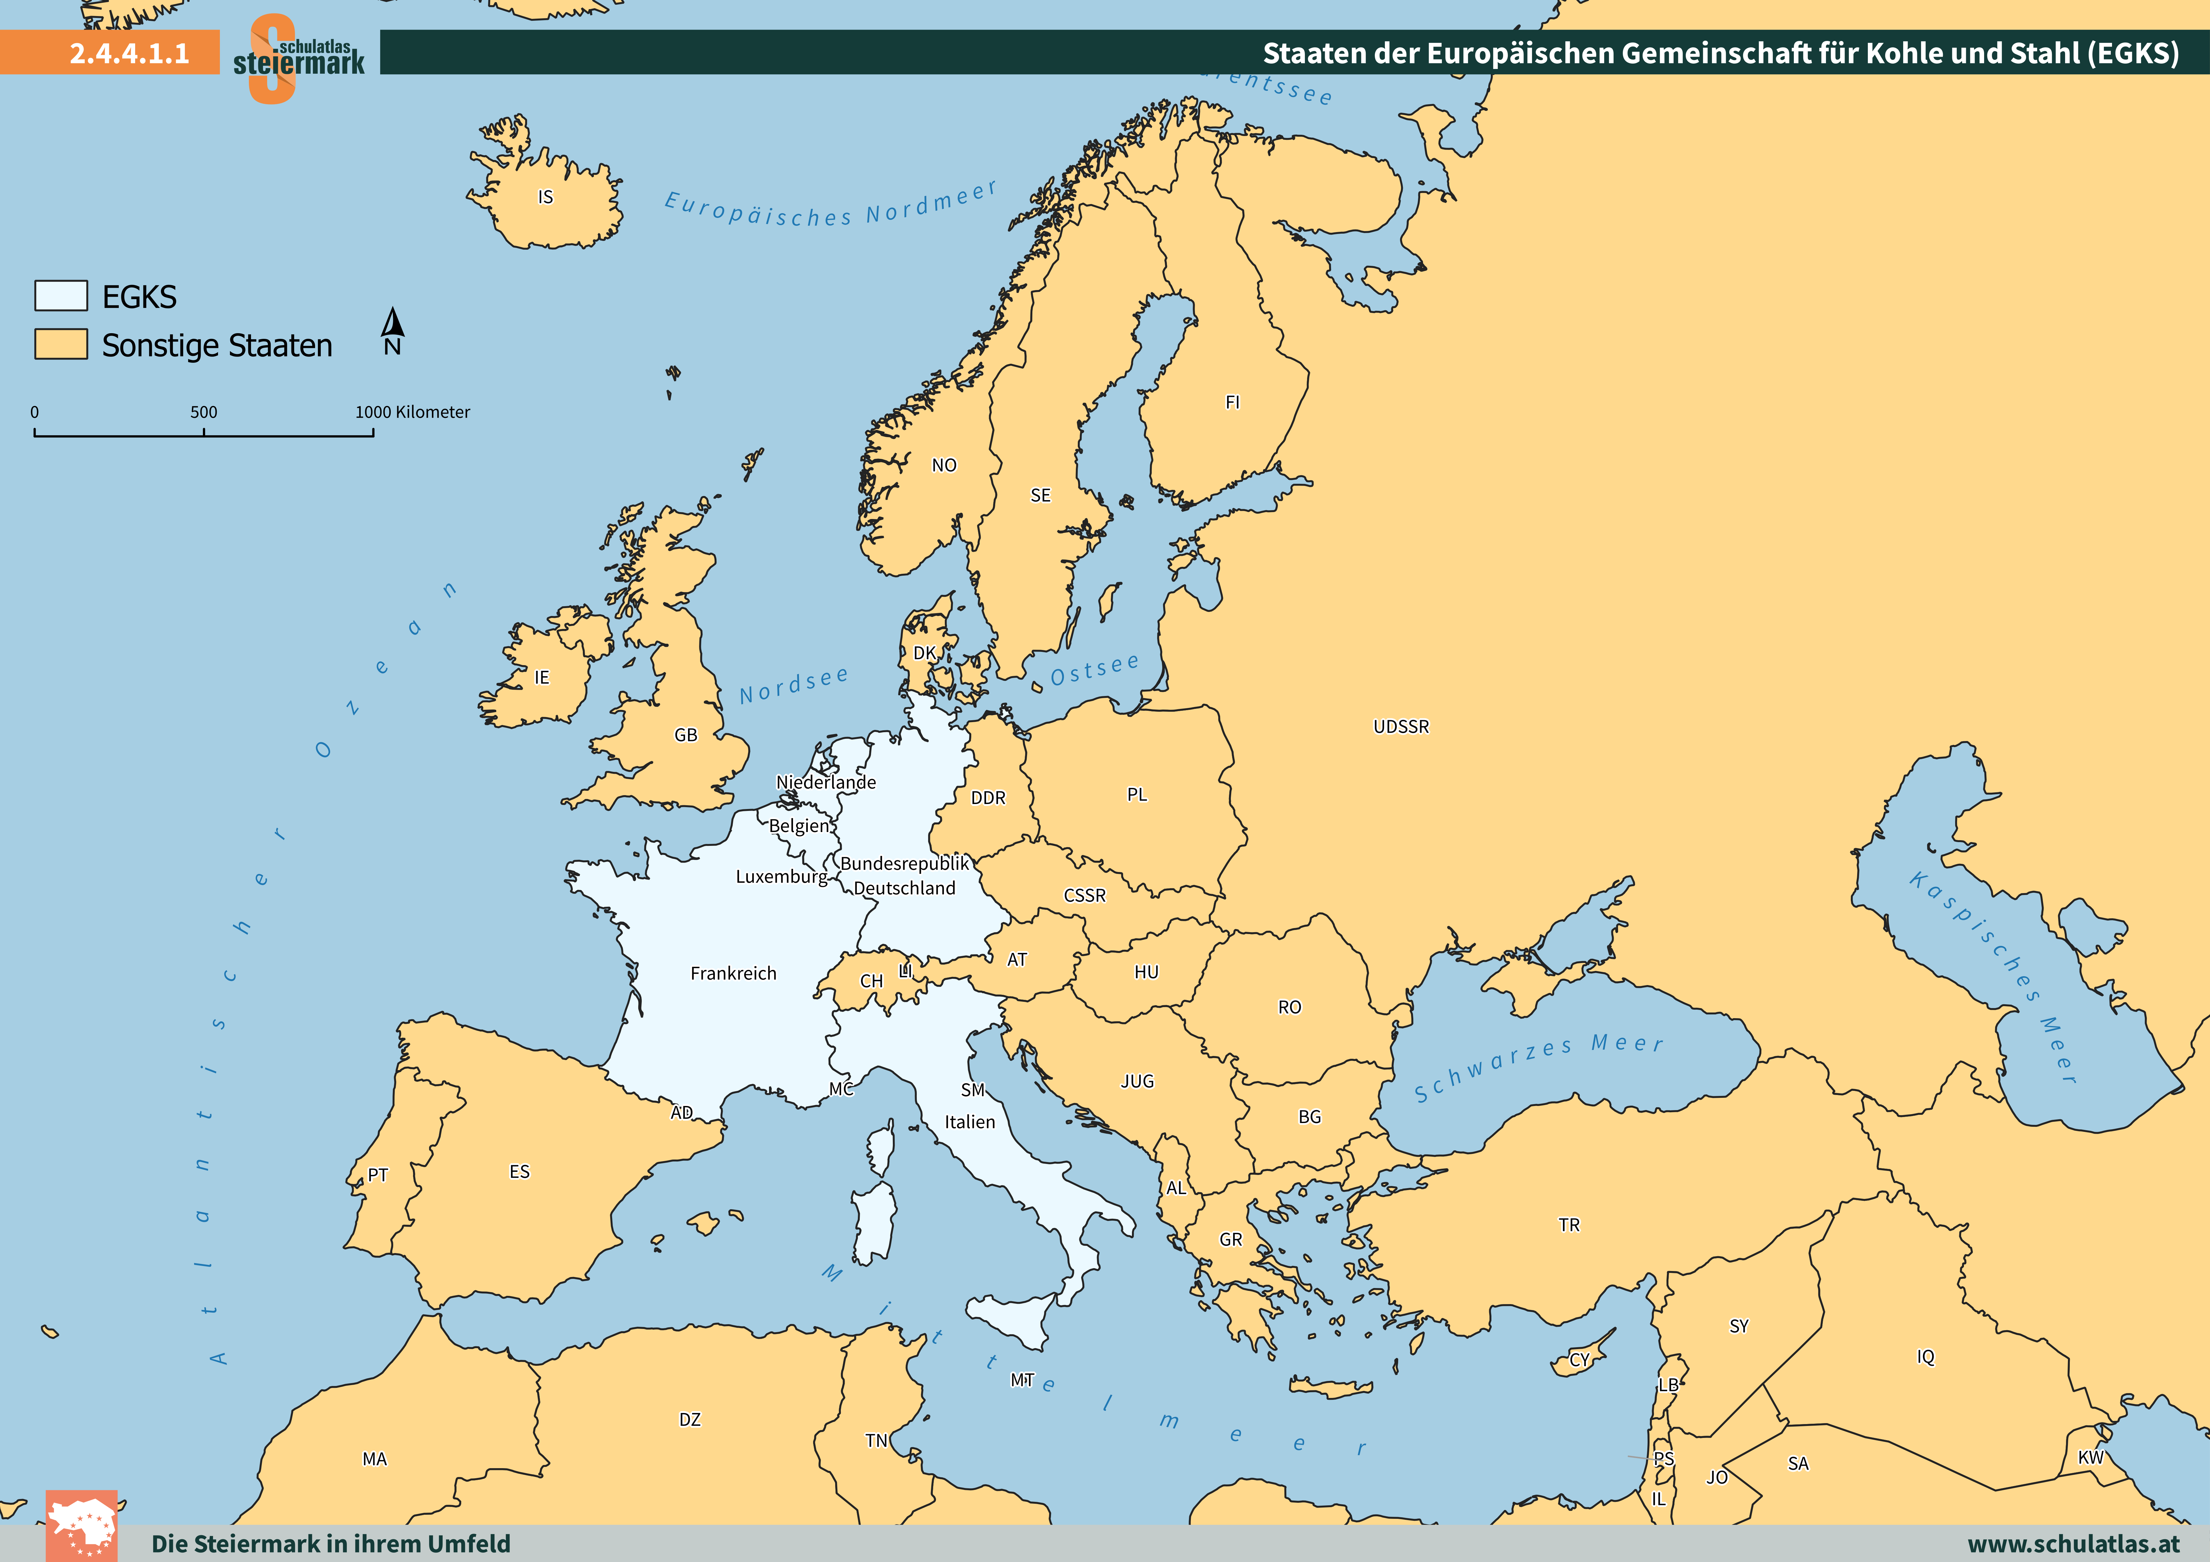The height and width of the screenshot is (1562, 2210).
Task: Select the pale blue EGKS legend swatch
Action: point(60,295)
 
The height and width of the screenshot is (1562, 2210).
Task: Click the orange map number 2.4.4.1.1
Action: point(129,53)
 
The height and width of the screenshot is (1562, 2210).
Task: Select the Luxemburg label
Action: point(781,877)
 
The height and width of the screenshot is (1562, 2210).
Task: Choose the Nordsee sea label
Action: point(794,684)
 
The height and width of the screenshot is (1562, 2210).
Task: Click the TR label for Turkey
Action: point(1569,1225)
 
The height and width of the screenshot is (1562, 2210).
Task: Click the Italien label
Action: point(969,1122)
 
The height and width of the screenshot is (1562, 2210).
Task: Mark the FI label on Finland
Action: point(1232,402)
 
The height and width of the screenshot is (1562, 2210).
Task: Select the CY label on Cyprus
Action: point(1580,1360)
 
